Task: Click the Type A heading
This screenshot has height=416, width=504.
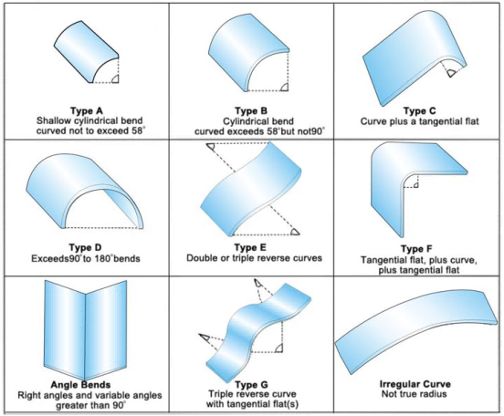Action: point(84,109)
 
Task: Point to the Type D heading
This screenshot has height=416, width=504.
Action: point(84,246)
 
